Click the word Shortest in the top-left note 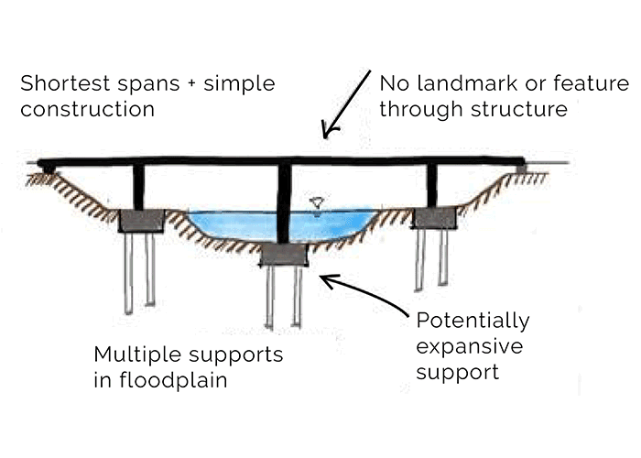click(57, 85)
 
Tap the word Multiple click(131, 354)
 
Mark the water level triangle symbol click(318, 202)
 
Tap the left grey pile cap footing click(141, 221)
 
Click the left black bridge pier click(139, 187)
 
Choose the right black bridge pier click(431, 185)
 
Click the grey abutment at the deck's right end click(521, 169)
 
